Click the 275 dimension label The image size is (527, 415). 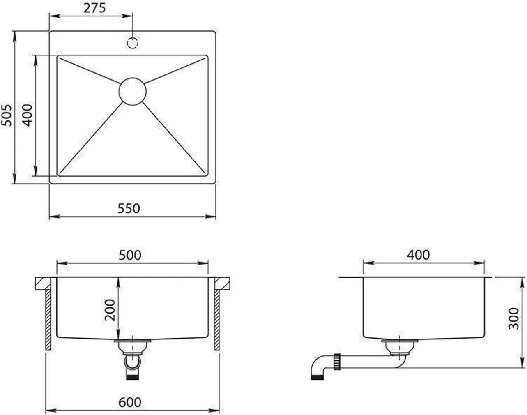pyautogui.click(x=95, y=8)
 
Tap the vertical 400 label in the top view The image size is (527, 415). pyautogui.click(x=27, y=115)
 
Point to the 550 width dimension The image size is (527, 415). pyautogui.click(x=129, y=208)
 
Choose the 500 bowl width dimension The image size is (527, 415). pyautogui.click(x=130, y=255)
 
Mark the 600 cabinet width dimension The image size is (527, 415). pyautogui.click(x=130, y=402)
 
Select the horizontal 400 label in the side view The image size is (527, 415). pyautogui.click(x=418, y=255)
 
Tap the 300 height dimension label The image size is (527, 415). pyautogui.click(x=514, y=318)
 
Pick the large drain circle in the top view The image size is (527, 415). pyautogui.click(x=132, y=91)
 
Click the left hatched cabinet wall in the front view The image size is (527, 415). pyautogui.click(x=48, y=319)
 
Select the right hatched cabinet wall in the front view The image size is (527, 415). pyautogui.click(x=216, y=319)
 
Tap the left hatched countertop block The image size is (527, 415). pyautogui.click(x=42, y=282)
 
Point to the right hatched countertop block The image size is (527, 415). pyautogui.click(x=221, y=282)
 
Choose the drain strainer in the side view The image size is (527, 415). pyautogui.click(x=399, y=346)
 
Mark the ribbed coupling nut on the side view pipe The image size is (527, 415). pyautogui.click(x=337, y=361)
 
